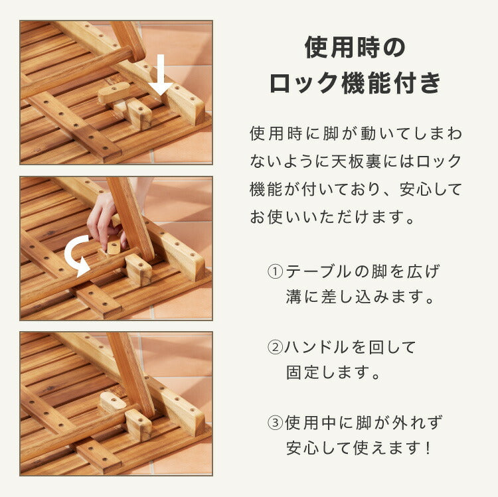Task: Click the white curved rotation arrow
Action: pyautogui.click(x=76, y=255)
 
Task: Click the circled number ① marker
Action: pyautogui.click(x=275, y=272)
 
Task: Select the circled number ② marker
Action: pyautogui.click(x=275, y=347)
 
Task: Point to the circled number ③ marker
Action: pyautogui.click(x=275, y=423)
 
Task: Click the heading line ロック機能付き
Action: pyautogui.click(x=355, y=84)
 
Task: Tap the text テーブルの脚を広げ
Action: pyautogui.click(x=362, y=272)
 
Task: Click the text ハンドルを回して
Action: pyautogui.click(x=350, y=347)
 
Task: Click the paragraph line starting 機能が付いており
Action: pyautogui.click(x=355, y=190)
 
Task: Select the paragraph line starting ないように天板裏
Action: pyautogui.click(x=355, y=161)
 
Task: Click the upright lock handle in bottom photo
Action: pyautogui.click(x=112, y=402)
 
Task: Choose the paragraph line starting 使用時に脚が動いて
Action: pyautogui.click(x=355, y=133)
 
